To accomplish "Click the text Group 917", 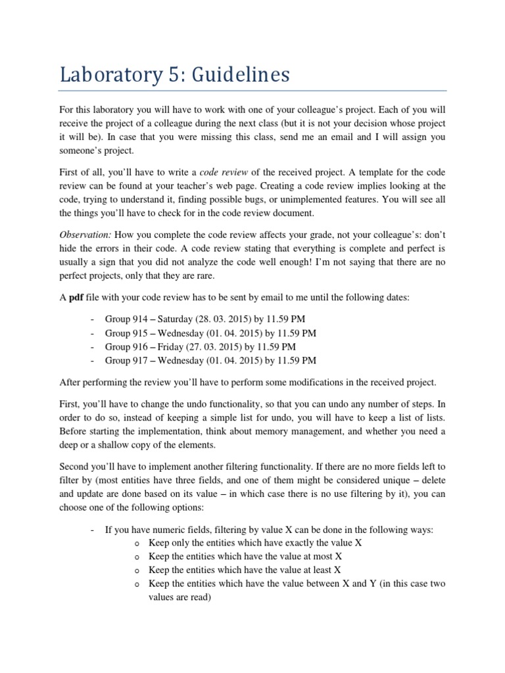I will (x=126, y=360).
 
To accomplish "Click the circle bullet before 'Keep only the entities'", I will (x=136, y=544).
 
